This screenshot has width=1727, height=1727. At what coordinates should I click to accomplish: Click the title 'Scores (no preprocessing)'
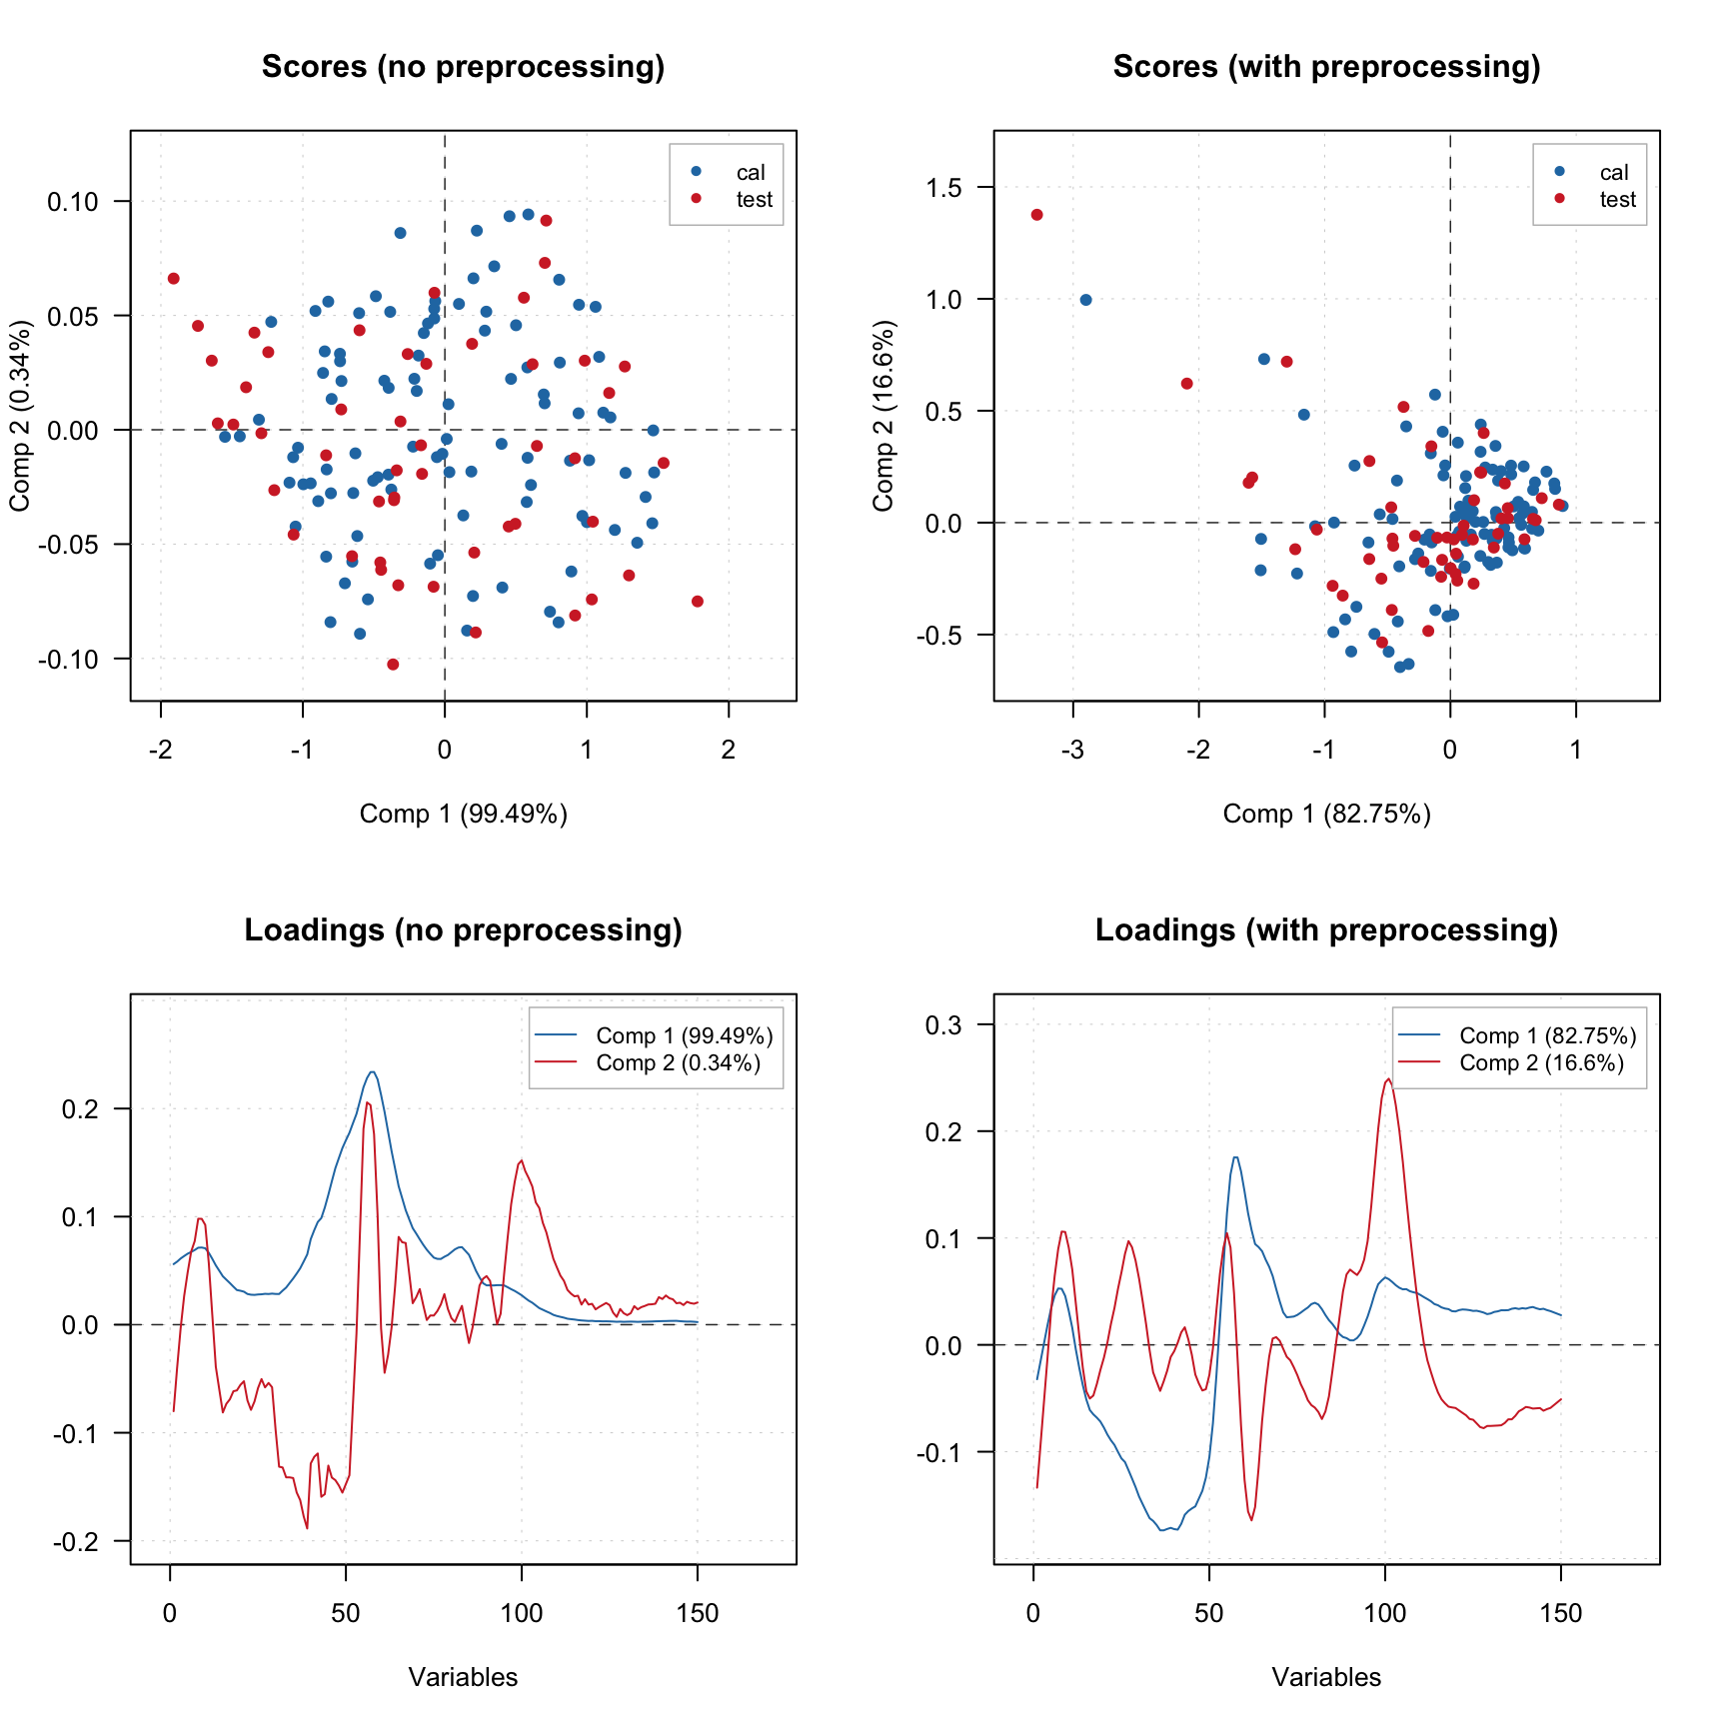click(463, 67)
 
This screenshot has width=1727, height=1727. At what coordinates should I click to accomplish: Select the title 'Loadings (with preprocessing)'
click(1326, 930)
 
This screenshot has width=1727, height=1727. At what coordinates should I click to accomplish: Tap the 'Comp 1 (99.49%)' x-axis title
click(463, 815)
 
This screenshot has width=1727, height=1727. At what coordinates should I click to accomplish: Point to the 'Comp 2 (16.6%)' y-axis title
click(883, 416)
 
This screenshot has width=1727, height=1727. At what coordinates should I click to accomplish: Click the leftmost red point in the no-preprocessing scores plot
click(174, 279)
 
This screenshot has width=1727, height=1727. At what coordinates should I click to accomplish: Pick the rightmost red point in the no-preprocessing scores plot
click(698, 602)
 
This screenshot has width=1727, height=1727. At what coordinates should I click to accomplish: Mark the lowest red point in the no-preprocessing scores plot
click(393, 665)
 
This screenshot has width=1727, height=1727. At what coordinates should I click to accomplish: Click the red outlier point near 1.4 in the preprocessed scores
click(1037, 215)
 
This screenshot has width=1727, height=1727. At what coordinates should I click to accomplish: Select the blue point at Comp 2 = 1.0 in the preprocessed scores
click(1086, 300)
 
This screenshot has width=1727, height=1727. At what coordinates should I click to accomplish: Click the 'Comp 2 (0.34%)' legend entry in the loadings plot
click(678, 1063)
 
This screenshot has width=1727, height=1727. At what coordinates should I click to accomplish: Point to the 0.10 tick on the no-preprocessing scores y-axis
click(73, 202)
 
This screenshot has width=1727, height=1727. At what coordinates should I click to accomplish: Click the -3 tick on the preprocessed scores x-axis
click(1073, 750)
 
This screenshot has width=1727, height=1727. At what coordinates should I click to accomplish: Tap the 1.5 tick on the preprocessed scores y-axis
click(939, 188)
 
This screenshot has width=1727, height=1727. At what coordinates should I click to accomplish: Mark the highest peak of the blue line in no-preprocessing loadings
click(372, 1072)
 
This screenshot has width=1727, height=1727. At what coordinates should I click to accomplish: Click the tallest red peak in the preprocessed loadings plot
click(1388, 1079)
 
